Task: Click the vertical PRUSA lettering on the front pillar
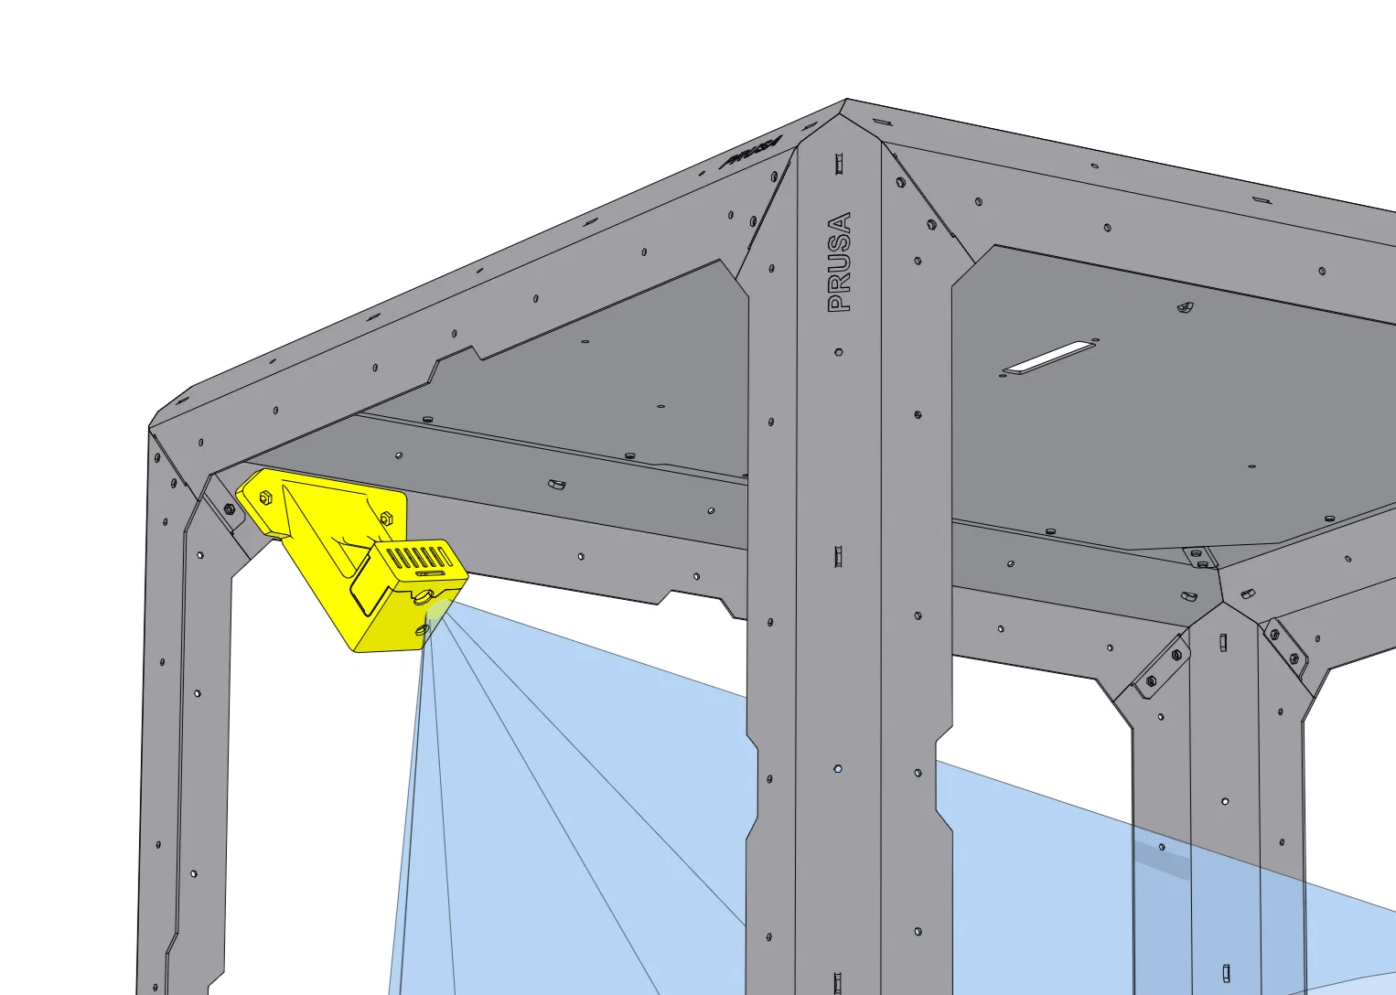pyautogui.click(x=839, y=262)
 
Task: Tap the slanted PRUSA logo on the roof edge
pyautogui.click(x=750, y=152)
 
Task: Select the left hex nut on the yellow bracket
pyautogui.click(x=265, y=497)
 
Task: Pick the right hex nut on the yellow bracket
pyautogui.click(x=386, y=518)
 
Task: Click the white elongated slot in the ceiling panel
pyautogui.click(x=1048, y=358)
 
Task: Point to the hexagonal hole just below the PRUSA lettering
pyautogui.click(x=839, y=352)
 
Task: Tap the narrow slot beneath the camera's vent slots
pyautogui.click(x=431, y=573)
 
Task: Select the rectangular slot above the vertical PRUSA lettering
pyautogui.click(x=839, y=164)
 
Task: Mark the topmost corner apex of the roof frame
pyautogui.click(x=845, y=99)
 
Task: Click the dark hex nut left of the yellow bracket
pyautogui.click(x=229, y=509)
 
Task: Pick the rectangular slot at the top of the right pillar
pyautogui.click(x=1223, y=642)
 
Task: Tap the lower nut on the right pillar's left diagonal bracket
pyautogui.click(x=1151, y=681)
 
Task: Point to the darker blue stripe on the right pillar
pyautogui.click(x=1161, y=861)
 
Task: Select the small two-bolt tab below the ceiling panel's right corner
pyautogui.click(x=1199, y=558)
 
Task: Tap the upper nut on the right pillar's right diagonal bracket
pyautogui.click(x=1274, y=635)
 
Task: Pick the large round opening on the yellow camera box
pyautogui.click(x=422, y=597)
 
